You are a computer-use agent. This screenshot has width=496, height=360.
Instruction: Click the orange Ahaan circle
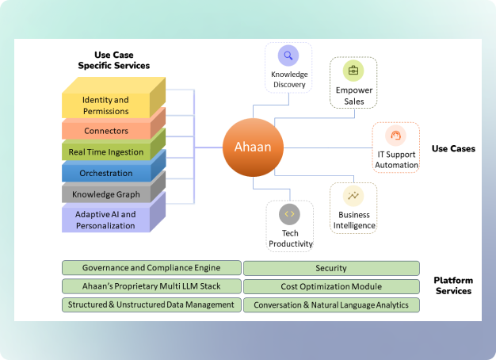(253, 147)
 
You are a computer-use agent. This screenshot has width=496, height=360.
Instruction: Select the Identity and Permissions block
(105, 105)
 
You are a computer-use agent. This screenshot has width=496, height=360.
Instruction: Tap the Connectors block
(105, 130)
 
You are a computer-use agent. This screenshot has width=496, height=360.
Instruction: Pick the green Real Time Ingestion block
(105, 151)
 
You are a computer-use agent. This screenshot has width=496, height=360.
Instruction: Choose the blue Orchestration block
(105, 173)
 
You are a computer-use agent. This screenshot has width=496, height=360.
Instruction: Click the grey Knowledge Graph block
(105, 194)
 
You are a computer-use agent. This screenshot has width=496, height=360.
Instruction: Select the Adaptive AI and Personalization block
(105, 220)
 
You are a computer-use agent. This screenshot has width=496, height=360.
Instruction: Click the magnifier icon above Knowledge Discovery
(288, 56)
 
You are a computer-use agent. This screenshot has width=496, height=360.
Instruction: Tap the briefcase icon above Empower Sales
(353, 70)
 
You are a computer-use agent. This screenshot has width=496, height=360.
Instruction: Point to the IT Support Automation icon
(395, 136)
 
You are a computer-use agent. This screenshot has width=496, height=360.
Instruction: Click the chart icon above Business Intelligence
(353, 196)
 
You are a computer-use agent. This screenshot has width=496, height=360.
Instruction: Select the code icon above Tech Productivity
(289, 213)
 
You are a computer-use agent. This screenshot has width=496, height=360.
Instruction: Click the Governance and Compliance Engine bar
(151, 268)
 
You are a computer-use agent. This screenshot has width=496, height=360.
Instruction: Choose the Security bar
(331, 269)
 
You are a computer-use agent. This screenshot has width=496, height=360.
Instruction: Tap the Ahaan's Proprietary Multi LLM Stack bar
(151, 286)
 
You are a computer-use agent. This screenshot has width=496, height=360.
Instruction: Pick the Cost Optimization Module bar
(331, 286)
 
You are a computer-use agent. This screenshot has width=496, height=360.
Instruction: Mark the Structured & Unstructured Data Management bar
(151, 304)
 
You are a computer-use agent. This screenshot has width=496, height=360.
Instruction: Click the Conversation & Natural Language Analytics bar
(331, 304)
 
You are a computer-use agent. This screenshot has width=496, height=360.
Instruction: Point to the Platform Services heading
(452, 285)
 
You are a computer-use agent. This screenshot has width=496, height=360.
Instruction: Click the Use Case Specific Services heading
(113, 59)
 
